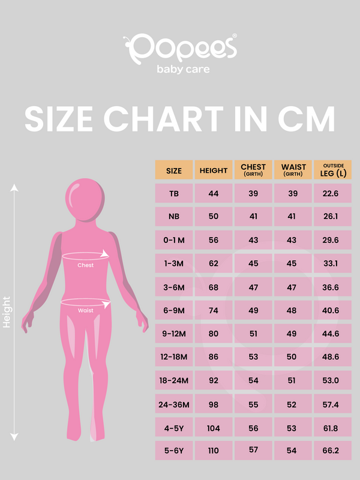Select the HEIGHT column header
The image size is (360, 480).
(x=214, y=170)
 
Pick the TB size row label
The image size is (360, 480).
(x=174, y=193)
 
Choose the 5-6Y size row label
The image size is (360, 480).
(x=174, y=450)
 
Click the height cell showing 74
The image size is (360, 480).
(x=214, y=310)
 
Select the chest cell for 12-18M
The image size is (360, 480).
(x=253, y=357)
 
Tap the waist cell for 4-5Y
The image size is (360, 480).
(x=292, y=427)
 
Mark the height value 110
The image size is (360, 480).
(x=214, y=450)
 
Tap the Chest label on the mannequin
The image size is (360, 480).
(x=86, y=265)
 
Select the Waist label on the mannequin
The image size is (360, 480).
(x=85, y=310)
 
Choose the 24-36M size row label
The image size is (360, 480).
(x=174, y=404)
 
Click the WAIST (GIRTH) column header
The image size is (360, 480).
(x=292, y=170)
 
